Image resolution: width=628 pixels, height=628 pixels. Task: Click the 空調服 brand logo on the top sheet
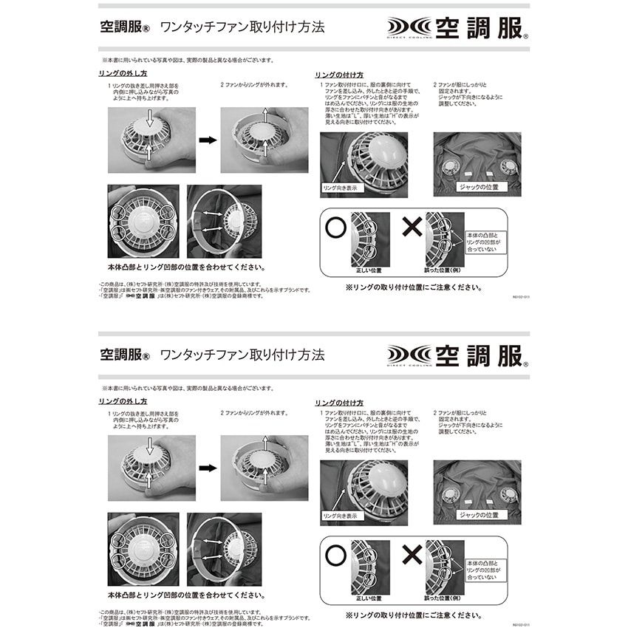pyautogui.click(x=457, y=29)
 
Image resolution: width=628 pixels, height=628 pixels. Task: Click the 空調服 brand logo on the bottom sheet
pyautogui.click(x=457, y=354)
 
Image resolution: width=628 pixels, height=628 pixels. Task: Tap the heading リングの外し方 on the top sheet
pyautogui.click(x=123, y=74)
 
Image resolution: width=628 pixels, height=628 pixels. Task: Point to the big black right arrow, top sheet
pyautogui.click(x=208, y=140)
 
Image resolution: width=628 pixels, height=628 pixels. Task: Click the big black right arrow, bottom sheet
pyautogui.click(x=208, y=467)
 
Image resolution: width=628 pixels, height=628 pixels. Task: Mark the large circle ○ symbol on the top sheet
pyautogui.click(x=332, y=227)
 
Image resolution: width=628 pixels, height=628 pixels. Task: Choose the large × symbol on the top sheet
pyautogui.click(x=411, y=227)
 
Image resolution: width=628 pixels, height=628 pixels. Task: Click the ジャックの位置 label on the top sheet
pyautogui.click(x=479, y=187)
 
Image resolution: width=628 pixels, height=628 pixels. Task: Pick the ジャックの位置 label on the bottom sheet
pyautogui.click(x=479, y=514)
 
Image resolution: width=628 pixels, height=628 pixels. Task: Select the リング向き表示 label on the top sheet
pyautogui.click(x=340, y=188)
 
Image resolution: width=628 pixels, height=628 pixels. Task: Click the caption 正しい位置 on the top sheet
pyautogui.click(x=369, y=270)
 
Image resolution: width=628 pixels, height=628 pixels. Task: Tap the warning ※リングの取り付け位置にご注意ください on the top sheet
pyautogui.click(x=415, y=287)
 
